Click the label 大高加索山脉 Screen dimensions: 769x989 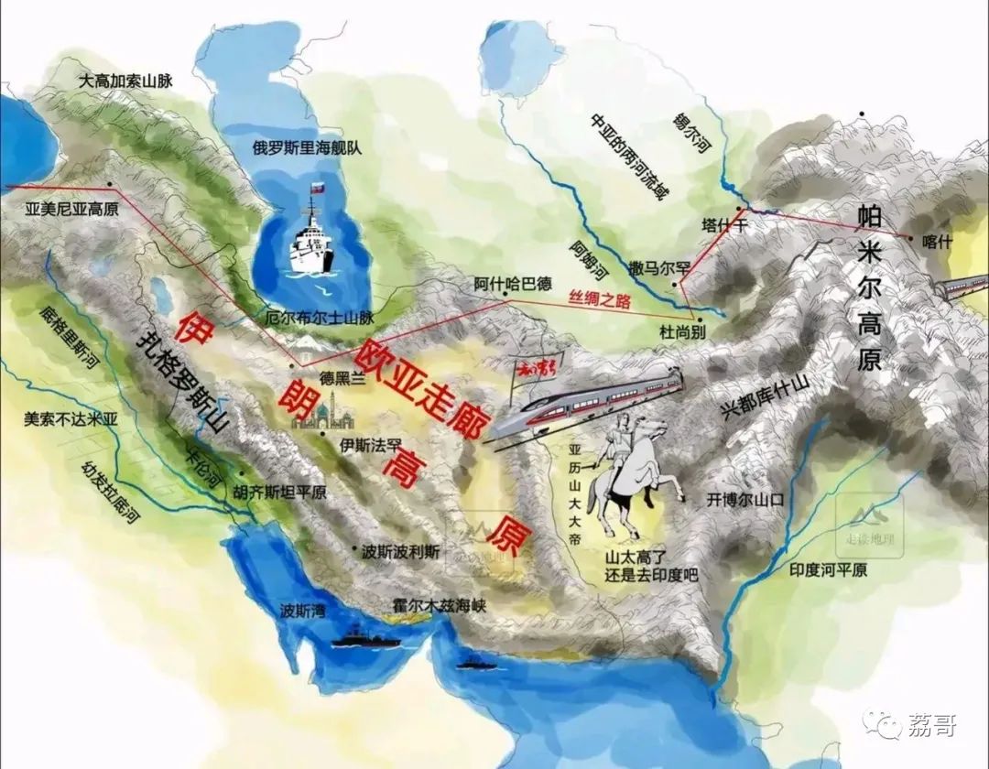pos(125,81)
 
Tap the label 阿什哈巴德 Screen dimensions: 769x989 pos(512,284)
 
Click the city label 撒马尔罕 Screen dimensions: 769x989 pos(658,267)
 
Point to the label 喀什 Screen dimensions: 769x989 pos(939,241)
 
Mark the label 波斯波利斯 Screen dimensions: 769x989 pos(400,551)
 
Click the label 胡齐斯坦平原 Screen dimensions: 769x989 pos(280,492)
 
